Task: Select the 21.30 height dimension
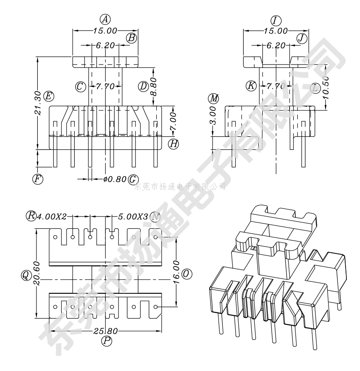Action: (x=37, y=104)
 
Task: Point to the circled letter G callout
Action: (x=133, y=179)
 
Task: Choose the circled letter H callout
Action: (x=173, y=144)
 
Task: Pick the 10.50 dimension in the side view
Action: (x=326, y=87)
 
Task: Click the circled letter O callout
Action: (x=186, y=274)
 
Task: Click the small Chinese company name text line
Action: (x=180, y=186)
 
